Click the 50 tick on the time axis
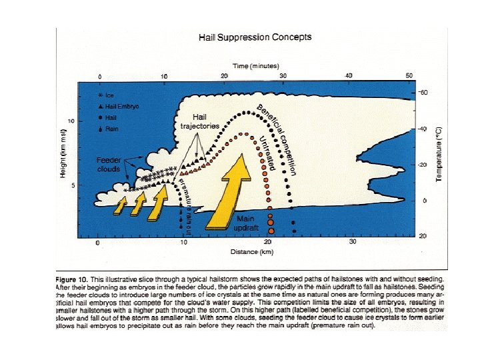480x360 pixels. [409, 76]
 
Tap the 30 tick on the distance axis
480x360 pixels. [354, 242]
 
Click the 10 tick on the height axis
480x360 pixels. [71, 121]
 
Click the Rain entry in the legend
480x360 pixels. [109, 129]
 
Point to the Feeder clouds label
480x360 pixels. [108, 164]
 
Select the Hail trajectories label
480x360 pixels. [199, 121]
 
